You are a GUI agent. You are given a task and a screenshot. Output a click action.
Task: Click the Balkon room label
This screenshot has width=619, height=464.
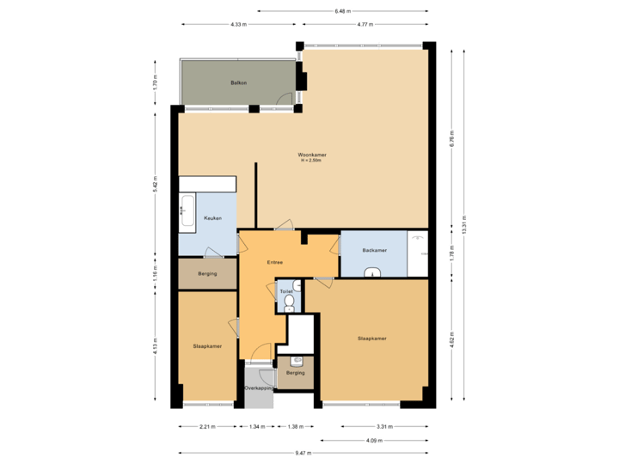click(239, 82)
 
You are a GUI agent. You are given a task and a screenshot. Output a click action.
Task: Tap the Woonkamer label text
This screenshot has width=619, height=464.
click(311, 155)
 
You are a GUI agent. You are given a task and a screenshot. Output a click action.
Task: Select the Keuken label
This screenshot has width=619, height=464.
click(212, 218)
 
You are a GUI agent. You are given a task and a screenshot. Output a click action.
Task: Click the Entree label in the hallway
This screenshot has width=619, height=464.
click(275, 262)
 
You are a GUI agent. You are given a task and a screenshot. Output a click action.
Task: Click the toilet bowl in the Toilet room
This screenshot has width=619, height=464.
click(289, 302)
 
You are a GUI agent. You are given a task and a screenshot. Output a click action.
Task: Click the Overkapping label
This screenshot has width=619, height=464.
click(259, 388)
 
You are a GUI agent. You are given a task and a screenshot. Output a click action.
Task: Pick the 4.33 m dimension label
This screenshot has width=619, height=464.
click(238, 25)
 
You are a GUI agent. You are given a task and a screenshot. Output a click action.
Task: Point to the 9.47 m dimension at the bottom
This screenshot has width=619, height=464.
click(303, 453)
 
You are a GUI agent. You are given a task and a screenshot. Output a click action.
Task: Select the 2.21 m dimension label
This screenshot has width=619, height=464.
click(207, 426)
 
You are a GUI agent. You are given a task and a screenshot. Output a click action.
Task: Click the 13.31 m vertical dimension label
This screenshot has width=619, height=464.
click(464, 223)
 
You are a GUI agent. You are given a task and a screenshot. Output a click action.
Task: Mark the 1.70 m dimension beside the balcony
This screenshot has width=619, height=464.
click(155, 83)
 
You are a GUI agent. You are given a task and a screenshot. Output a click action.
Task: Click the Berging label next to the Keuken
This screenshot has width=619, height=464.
click(206, 273)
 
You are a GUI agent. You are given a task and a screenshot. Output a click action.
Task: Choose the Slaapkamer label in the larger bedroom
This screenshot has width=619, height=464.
click(371, 339)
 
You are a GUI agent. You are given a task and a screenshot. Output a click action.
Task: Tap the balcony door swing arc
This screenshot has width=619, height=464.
click(283, 100)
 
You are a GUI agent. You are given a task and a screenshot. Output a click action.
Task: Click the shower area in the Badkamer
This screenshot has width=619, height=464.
click(418, 254)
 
